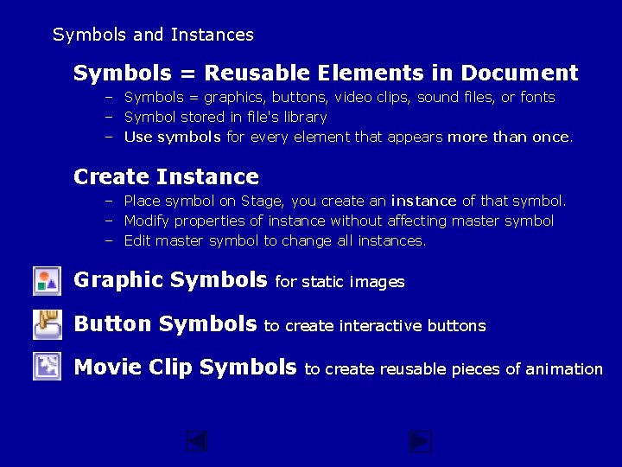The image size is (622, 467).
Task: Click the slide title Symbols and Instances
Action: point(153,35)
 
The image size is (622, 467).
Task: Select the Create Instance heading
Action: point(166,177)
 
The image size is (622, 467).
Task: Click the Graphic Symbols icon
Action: point(47,281)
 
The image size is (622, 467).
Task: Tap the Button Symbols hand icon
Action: point(47,324)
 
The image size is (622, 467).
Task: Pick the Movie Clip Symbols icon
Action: point(47,367)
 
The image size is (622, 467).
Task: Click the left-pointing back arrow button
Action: point(197,442)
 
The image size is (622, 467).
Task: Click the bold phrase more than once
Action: point(509,137)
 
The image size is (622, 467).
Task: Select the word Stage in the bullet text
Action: point(261,201)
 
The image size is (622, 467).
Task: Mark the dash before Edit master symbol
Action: point(110,241)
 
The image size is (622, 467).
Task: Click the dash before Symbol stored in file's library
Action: point(110,118)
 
